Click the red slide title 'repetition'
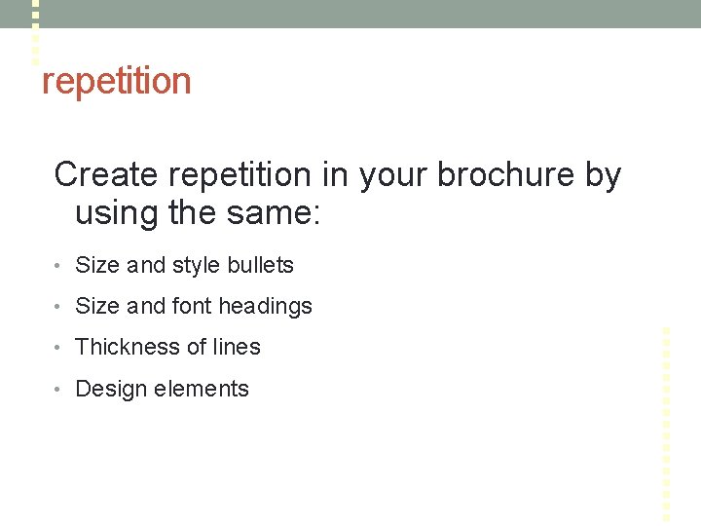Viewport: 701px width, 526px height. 116,82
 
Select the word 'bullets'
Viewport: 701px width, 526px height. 261,265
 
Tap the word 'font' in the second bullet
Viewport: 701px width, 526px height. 191,306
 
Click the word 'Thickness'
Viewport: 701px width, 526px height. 123,347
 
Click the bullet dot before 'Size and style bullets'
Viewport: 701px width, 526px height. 59,266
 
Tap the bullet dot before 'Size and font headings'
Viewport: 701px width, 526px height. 59,307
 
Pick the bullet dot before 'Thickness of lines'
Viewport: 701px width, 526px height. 59,348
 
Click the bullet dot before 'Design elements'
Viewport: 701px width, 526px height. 59,390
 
